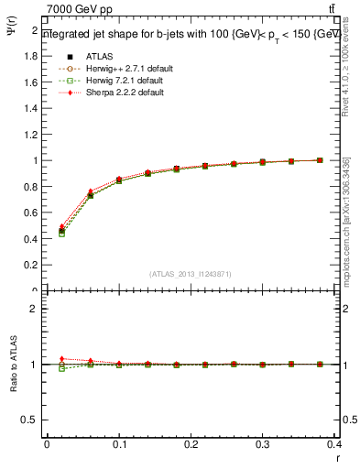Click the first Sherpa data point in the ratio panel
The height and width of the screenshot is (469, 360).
click(x=61, y=358)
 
